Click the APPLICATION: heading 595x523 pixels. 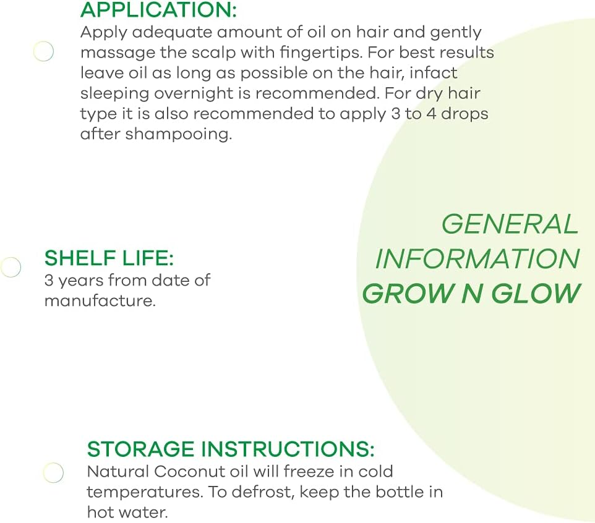pyautogui.click(x=158, y=11)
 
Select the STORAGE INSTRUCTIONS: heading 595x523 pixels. pyautogui.click(x=231, y=449)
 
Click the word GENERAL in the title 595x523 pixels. pyautogui.click(x=510, y=224)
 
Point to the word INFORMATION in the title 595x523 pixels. pyautogui.click(x=477, y=259)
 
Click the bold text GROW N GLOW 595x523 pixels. pyautogui.click(x=471, y=294)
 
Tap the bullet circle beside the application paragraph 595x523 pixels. pyautogui.click(x=43, y=51)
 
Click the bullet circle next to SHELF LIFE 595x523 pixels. pyautogui.click(x=11, y=267)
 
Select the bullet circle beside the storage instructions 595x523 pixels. pyautogui.click(x=53, y=473)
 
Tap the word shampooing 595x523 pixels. pyautogui.click(x=179, y=134)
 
